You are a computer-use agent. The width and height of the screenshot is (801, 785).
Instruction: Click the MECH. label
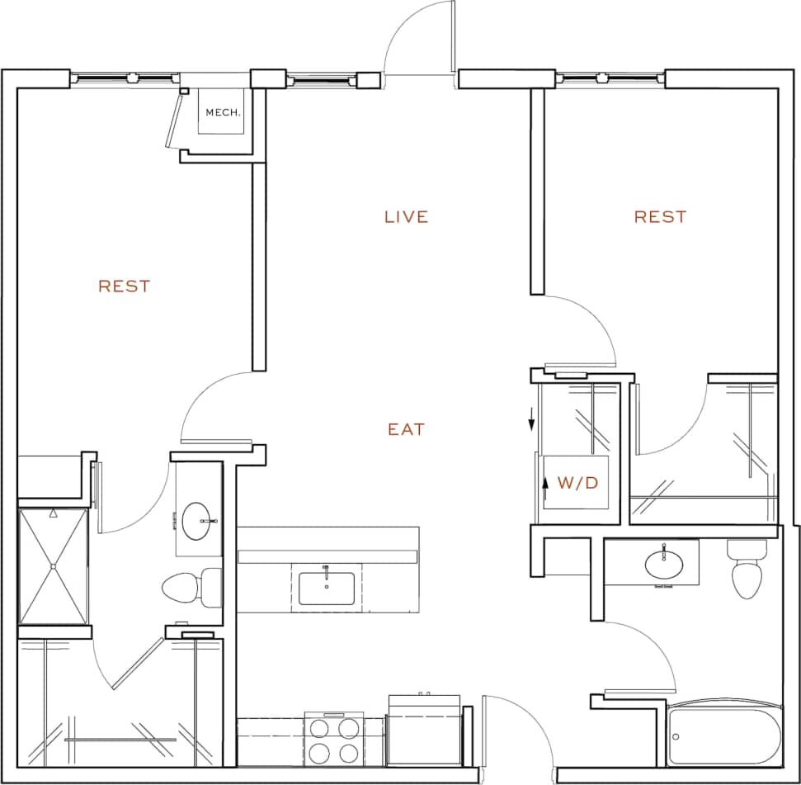pos(223,112)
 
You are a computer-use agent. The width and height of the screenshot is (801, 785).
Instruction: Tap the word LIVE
pos(407,217)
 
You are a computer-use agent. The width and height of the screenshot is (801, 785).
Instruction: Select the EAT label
pos(406,429)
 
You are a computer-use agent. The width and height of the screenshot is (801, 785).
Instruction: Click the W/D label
pos(577,483)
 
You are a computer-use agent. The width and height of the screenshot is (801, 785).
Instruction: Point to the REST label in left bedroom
pos(125,286)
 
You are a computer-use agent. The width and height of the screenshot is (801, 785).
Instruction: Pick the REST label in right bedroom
pos(660,217)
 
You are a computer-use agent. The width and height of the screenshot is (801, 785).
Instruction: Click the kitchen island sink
pos(327,588)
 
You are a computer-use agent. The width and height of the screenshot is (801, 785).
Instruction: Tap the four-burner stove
pos(332,740)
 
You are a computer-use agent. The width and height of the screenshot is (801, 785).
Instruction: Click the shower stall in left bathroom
pos(53,566)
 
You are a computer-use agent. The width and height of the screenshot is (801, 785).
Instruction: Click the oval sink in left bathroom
pos(198,522)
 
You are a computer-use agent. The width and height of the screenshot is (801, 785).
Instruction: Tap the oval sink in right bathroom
pos(664,565)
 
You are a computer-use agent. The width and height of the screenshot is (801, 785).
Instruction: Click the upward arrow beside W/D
pos(545,482)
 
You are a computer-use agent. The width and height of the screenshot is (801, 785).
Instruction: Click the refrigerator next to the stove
pos(424,731)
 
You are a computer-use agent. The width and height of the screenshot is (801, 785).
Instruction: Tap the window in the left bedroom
pos(124,78)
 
